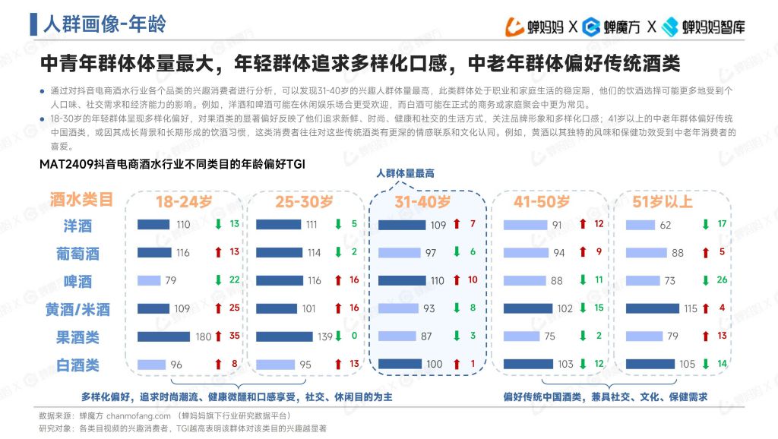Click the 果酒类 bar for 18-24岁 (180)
(165, 336)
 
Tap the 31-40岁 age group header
(422, 202)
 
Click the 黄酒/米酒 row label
(77, 309)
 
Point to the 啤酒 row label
(77, 281)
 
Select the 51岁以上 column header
(663, 202)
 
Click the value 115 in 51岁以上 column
(690, 309)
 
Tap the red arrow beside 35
(218, 336)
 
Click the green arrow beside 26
(704, 280)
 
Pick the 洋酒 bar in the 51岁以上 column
(639, 225)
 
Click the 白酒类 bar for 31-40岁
(400, 365)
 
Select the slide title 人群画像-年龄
(104, 24)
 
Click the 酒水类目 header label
(81, 200)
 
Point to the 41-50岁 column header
(542, 202)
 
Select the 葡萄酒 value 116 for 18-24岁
(182, 253)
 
